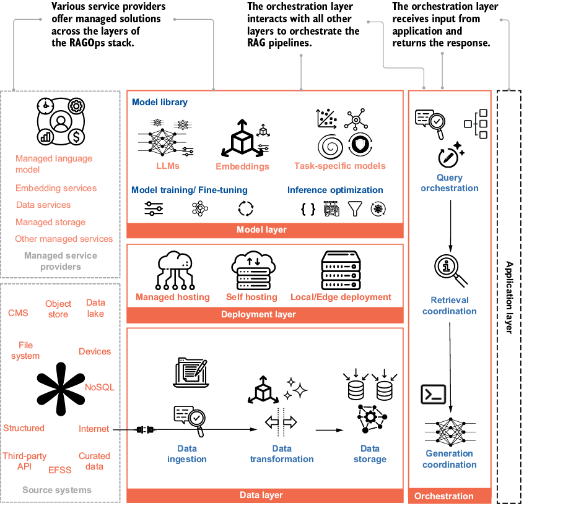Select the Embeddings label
pyautogui.click(x=242, y=166)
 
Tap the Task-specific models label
pyautogui.click(x=340, y=166)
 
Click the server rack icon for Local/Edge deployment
pyautogui.click(x=341, y=270)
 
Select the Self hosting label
pyautogui.click(x=251, y=297)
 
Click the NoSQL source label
pyautogui.click(x=100, y=388)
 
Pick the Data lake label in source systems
pyautogui.click(x=95, y=308)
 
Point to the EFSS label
pyautogui.click(x=60, y=470)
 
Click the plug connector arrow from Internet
pyautogui.click(x=146, y=429)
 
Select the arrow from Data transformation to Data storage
pyautogui.click(x=329, y=429)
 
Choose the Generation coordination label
pyautogui.click(x=450, y=459)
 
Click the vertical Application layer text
pyautogui.click(x=509, y=297)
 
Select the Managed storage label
pyautogui.click(x=50, y=222)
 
